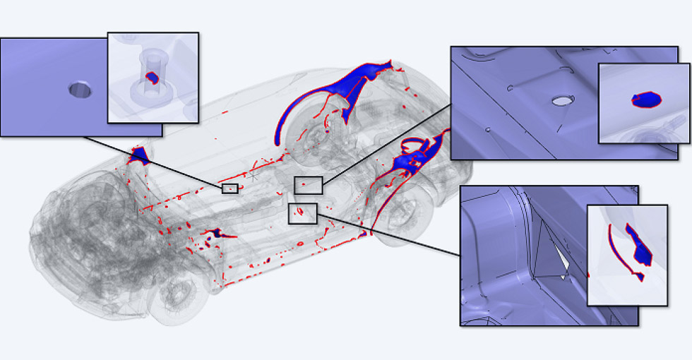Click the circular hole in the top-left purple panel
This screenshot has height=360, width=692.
point(80,90)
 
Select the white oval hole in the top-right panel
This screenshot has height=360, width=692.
point(562,101)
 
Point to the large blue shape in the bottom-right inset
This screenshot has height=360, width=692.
point(641,246)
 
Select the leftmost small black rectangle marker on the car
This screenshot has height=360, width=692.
point(229,188)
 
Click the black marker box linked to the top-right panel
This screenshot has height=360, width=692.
point(308,185)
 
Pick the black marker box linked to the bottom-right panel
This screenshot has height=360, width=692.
point(302,213)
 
